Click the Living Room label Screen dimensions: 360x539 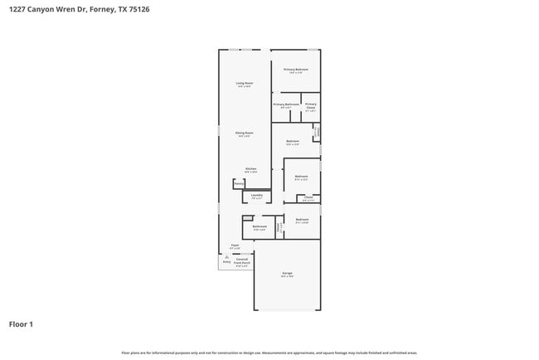[244, 84]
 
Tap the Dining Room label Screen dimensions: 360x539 [244, 134]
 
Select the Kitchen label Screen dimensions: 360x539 [250, 169]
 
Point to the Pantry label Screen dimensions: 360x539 [239, 183]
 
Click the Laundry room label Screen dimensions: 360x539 [257, 196]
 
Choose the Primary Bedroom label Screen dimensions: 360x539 [296, 71]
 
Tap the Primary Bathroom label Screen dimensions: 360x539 [286, 105]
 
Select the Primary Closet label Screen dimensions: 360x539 [310, 106]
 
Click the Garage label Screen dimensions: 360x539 [287, 274]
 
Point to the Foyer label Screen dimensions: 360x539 [235, 246]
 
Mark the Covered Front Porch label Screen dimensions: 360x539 [242, 262]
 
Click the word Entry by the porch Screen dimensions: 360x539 [226, 261]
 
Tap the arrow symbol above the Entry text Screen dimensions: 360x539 [226, 256]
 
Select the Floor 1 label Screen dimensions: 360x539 [21, 324]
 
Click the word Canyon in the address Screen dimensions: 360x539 [40, 10]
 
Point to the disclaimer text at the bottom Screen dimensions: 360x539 [269, 353]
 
